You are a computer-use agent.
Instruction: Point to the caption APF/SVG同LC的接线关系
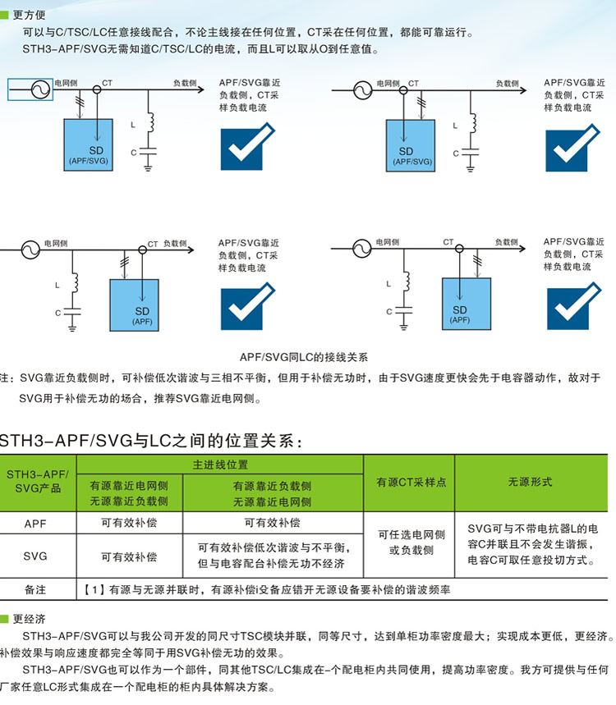304,357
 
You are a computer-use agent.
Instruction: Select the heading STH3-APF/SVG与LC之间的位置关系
152,439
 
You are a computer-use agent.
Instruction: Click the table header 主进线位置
220,465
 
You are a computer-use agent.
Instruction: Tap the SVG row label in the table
36,556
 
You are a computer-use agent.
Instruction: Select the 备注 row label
36,589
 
